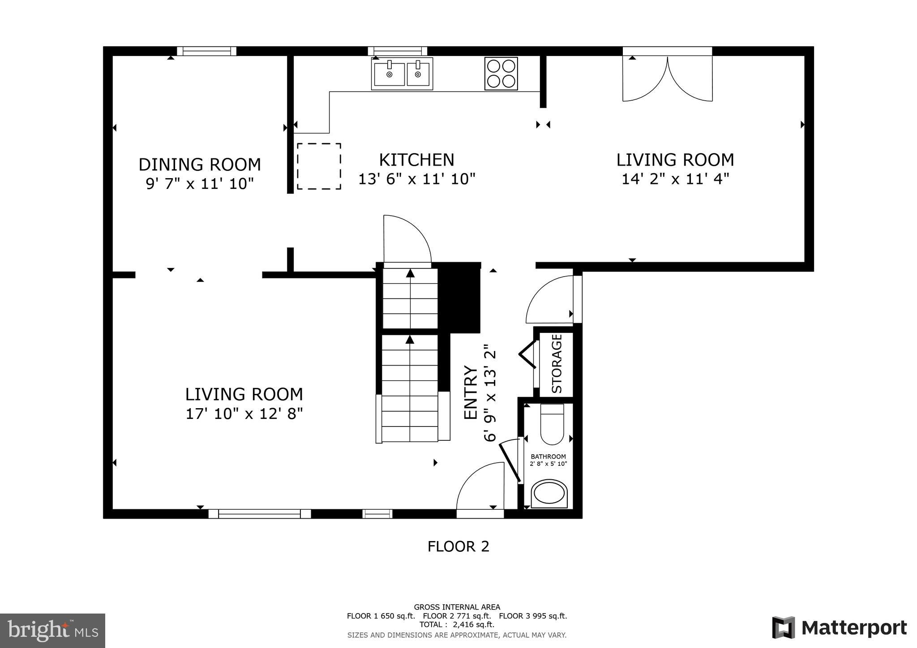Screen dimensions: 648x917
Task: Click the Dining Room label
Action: pos(200,164)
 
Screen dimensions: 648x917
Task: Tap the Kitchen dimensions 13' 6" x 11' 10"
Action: pos(416,179)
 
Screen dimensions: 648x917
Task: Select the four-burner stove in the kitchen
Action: pos(501,73)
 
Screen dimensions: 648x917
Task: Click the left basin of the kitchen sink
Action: pos(389,74)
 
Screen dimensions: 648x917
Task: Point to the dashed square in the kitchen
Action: pos(319,166)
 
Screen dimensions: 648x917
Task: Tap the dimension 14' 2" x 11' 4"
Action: pos(675,179)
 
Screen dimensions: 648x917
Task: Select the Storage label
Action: pos(557,363)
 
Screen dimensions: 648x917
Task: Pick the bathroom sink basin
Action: pos(549,494)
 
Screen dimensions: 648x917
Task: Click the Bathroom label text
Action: pos(548,456)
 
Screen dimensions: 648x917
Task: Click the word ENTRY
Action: pos(470,392)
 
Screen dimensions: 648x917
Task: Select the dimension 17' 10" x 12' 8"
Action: pos(244,414)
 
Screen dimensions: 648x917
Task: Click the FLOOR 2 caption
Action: pos(458,546)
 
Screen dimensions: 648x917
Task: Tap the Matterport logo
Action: pos(839,628)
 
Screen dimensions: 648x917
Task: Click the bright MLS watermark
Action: pos(53,631)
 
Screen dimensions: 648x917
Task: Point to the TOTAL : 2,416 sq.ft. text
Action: pos(457,624)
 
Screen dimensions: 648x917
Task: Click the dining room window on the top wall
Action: pos(206,51)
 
